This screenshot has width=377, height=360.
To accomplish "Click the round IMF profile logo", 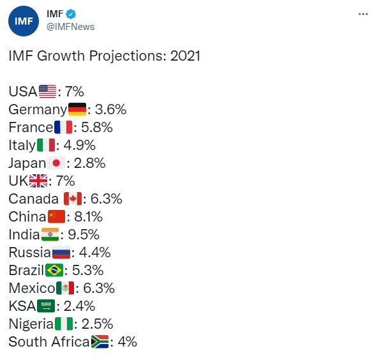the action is [x=24, y=21].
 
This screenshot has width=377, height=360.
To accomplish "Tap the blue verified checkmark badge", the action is [x=71, y=14].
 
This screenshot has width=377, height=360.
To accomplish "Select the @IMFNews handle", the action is [x=70, y=27].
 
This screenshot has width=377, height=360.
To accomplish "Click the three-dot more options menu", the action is [x=363, y=14].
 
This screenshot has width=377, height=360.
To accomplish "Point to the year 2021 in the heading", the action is [x=185, y=56].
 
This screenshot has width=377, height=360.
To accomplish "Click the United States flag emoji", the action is [x=47, y=91].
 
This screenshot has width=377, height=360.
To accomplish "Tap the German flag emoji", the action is [x=77, y=110].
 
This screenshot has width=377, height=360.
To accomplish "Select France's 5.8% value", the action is [x=97, y=127].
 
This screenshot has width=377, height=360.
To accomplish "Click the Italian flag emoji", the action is [x=46, y=145].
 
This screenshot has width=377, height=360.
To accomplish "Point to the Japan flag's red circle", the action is [x=56, y=163].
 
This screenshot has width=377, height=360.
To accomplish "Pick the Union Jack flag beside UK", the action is [x=38, y=181].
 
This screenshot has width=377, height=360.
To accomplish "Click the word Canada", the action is [x=33, y=199].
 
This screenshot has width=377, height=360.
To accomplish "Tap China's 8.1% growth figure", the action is [x=88, y=217].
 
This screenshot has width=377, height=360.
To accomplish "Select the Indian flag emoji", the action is [x=50, y=234].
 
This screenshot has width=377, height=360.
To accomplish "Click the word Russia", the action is [x=29, y=252].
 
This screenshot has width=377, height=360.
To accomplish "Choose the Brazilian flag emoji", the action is [x=54, y=270].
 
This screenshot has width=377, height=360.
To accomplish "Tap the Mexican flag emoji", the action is [x=65, y=288].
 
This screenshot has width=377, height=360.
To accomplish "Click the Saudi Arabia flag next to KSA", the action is [x=46, y=306].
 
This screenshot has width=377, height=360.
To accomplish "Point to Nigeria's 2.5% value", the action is [x=97, y=324].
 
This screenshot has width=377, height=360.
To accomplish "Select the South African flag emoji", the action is [x=100, y=341].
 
